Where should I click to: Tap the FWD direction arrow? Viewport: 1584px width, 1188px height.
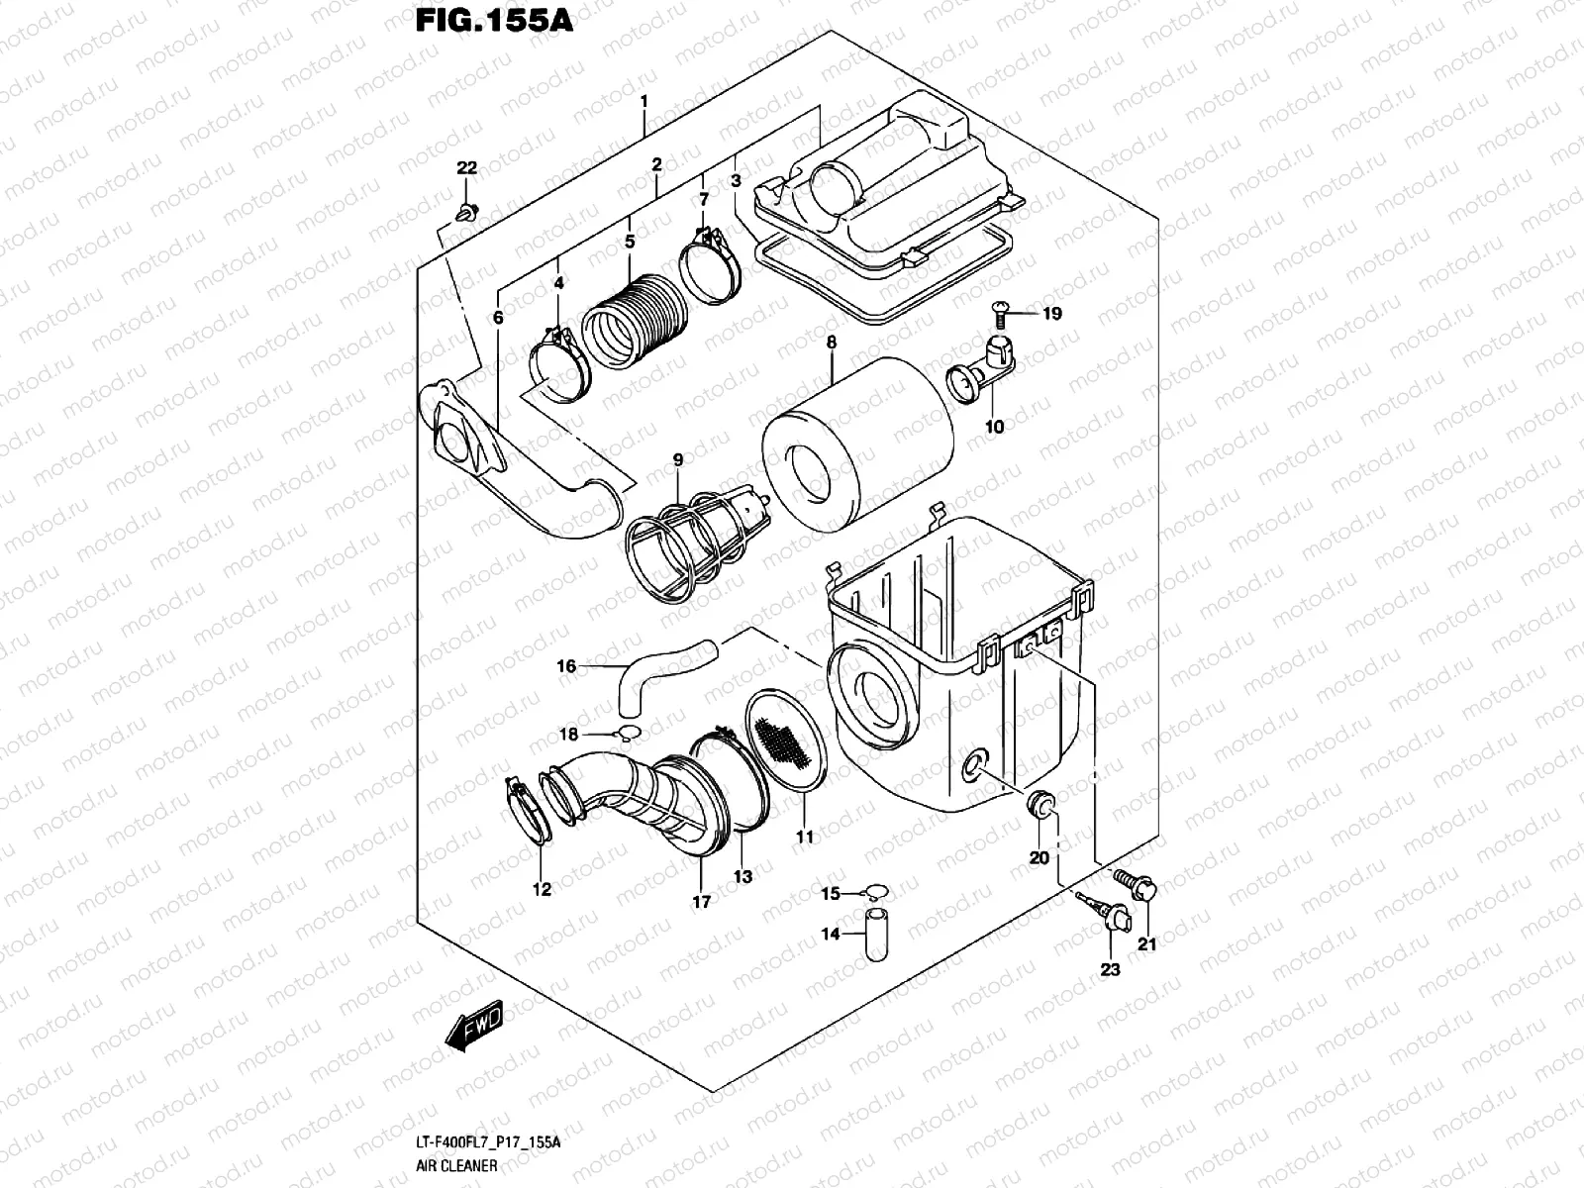[x=474, y=1026]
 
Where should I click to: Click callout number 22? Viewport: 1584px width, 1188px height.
[x=466, y=168]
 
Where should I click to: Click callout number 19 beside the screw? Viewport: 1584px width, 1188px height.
[x=1051, y=314]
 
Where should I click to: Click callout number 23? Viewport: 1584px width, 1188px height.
[x=1110, y=970]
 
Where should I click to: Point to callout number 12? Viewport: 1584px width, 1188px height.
[x=542, y=889]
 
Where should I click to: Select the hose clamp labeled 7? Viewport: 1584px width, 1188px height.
[x=711, y=265]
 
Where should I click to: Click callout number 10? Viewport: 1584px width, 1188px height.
[x=995, y=427]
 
